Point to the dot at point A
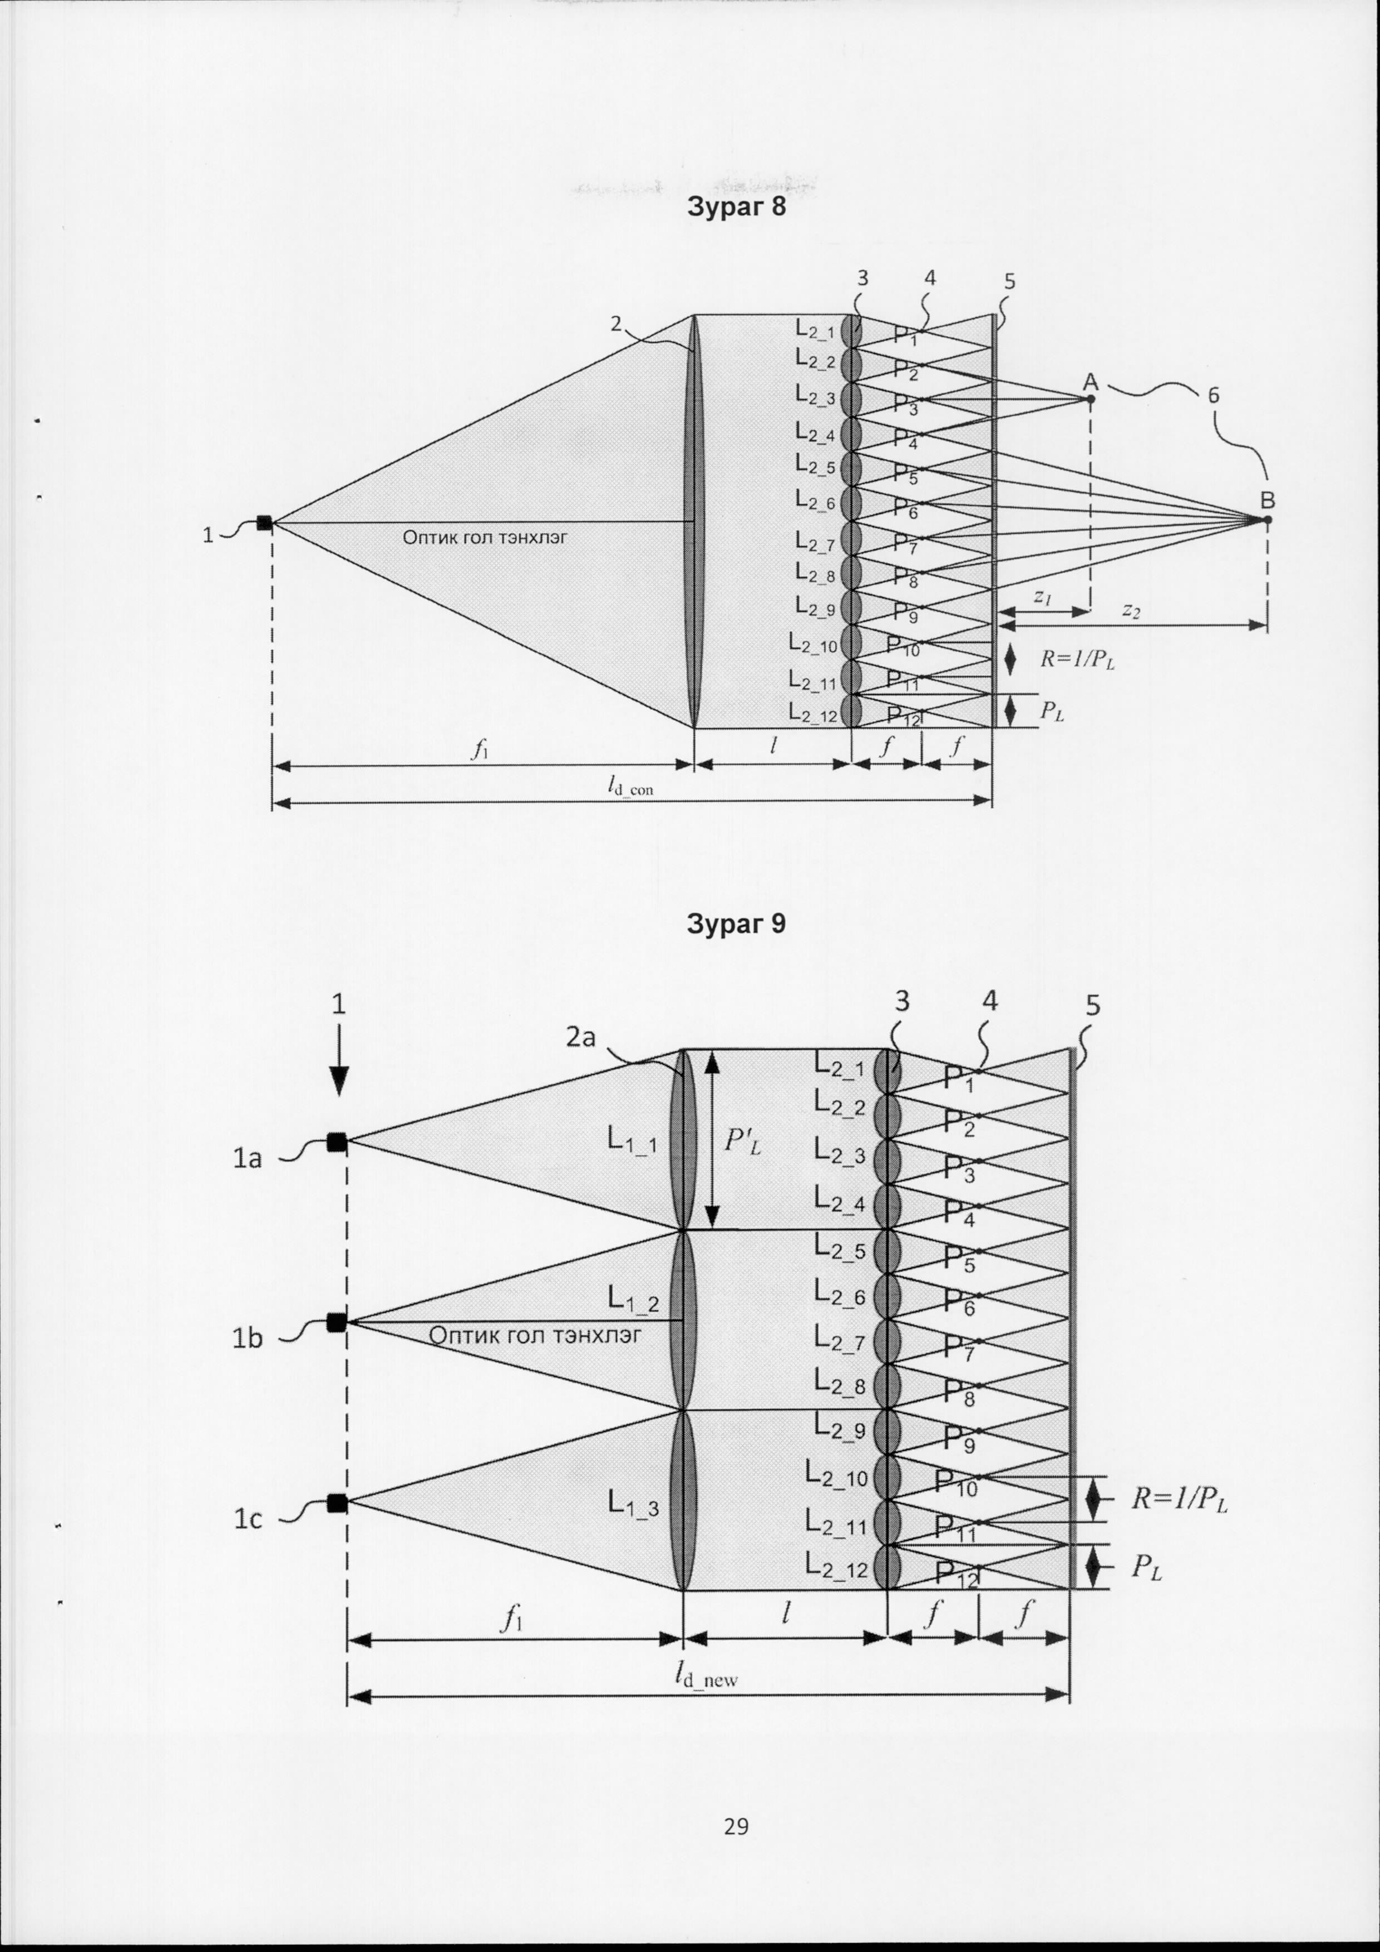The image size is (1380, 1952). [1091, 399]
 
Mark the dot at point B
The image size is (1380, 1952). [1267, 519]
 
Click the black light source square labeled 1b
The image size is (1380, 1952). [337, 1322]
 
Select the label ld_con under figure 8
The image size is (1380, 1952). [630, 786]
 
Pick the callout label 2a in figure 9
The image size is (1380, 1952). [581, 1038]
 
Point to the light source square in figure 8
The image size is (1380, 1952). [264, 523]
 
